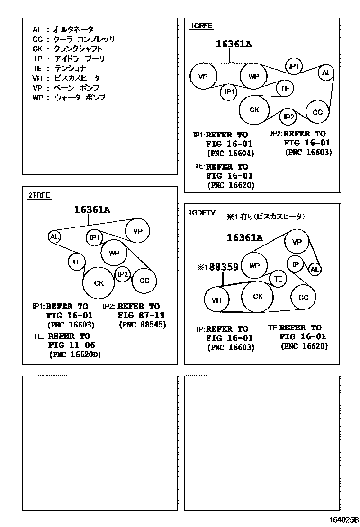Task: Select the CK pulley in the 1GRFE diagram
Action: (254, 110)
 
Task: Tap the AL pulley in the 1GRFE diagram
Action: (326, 73)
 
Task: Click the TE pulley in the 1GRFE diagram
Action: (285, 88)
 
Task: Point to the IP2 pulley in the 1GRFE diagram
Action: (288, 117)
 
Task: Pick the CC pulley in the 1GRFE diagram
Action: (317, 112)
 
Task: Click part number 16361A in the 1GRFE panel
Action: (234, 45)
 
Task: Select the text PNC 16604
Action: (231, 153)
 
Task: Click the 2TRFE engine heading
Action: (39, 195)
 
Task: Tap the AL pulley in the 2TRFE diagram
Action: (54, 236)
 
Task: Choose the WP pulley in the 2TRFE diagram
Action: (114, 253)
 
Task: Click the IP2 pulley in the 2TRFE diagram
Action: (123, 274)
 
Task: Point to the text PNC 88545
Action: (142, 325)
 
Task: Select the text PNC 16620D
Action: (75, 354)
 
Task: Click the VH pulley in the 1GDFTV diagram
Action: (216, 300)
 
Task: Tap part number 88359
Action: (224, 267)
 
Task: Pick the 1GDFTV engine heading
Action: (202, 213)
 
